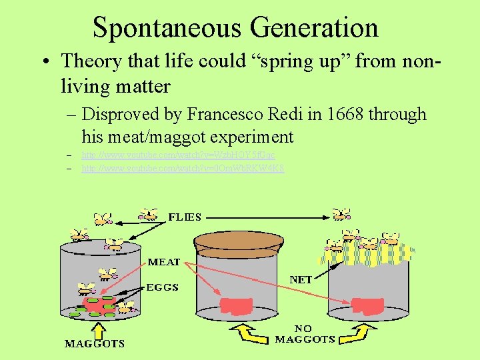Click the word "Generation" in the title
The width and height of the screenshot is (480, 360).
pos(315,27)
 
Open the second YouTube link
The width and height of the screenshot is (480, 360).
pos(183,169)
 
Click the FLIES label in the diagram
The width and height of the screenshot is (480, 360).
pos(185,217)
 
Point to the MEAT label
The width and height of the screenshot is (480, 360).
pos(163,261)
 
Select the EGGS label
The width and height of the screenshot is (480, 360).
pos(162,287)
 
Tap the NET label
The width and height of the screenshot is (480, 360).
pos(301,279)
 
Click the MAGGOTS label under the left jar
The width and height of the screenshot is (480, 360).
pos(94,344)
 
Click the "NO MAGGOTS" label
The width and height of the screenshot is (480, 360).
pos(305,334)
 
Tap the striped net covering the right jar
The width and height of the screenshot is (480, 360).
pos(367,251)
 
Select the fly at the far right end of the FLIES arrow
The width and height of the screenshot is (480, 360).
pos(342,214)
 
